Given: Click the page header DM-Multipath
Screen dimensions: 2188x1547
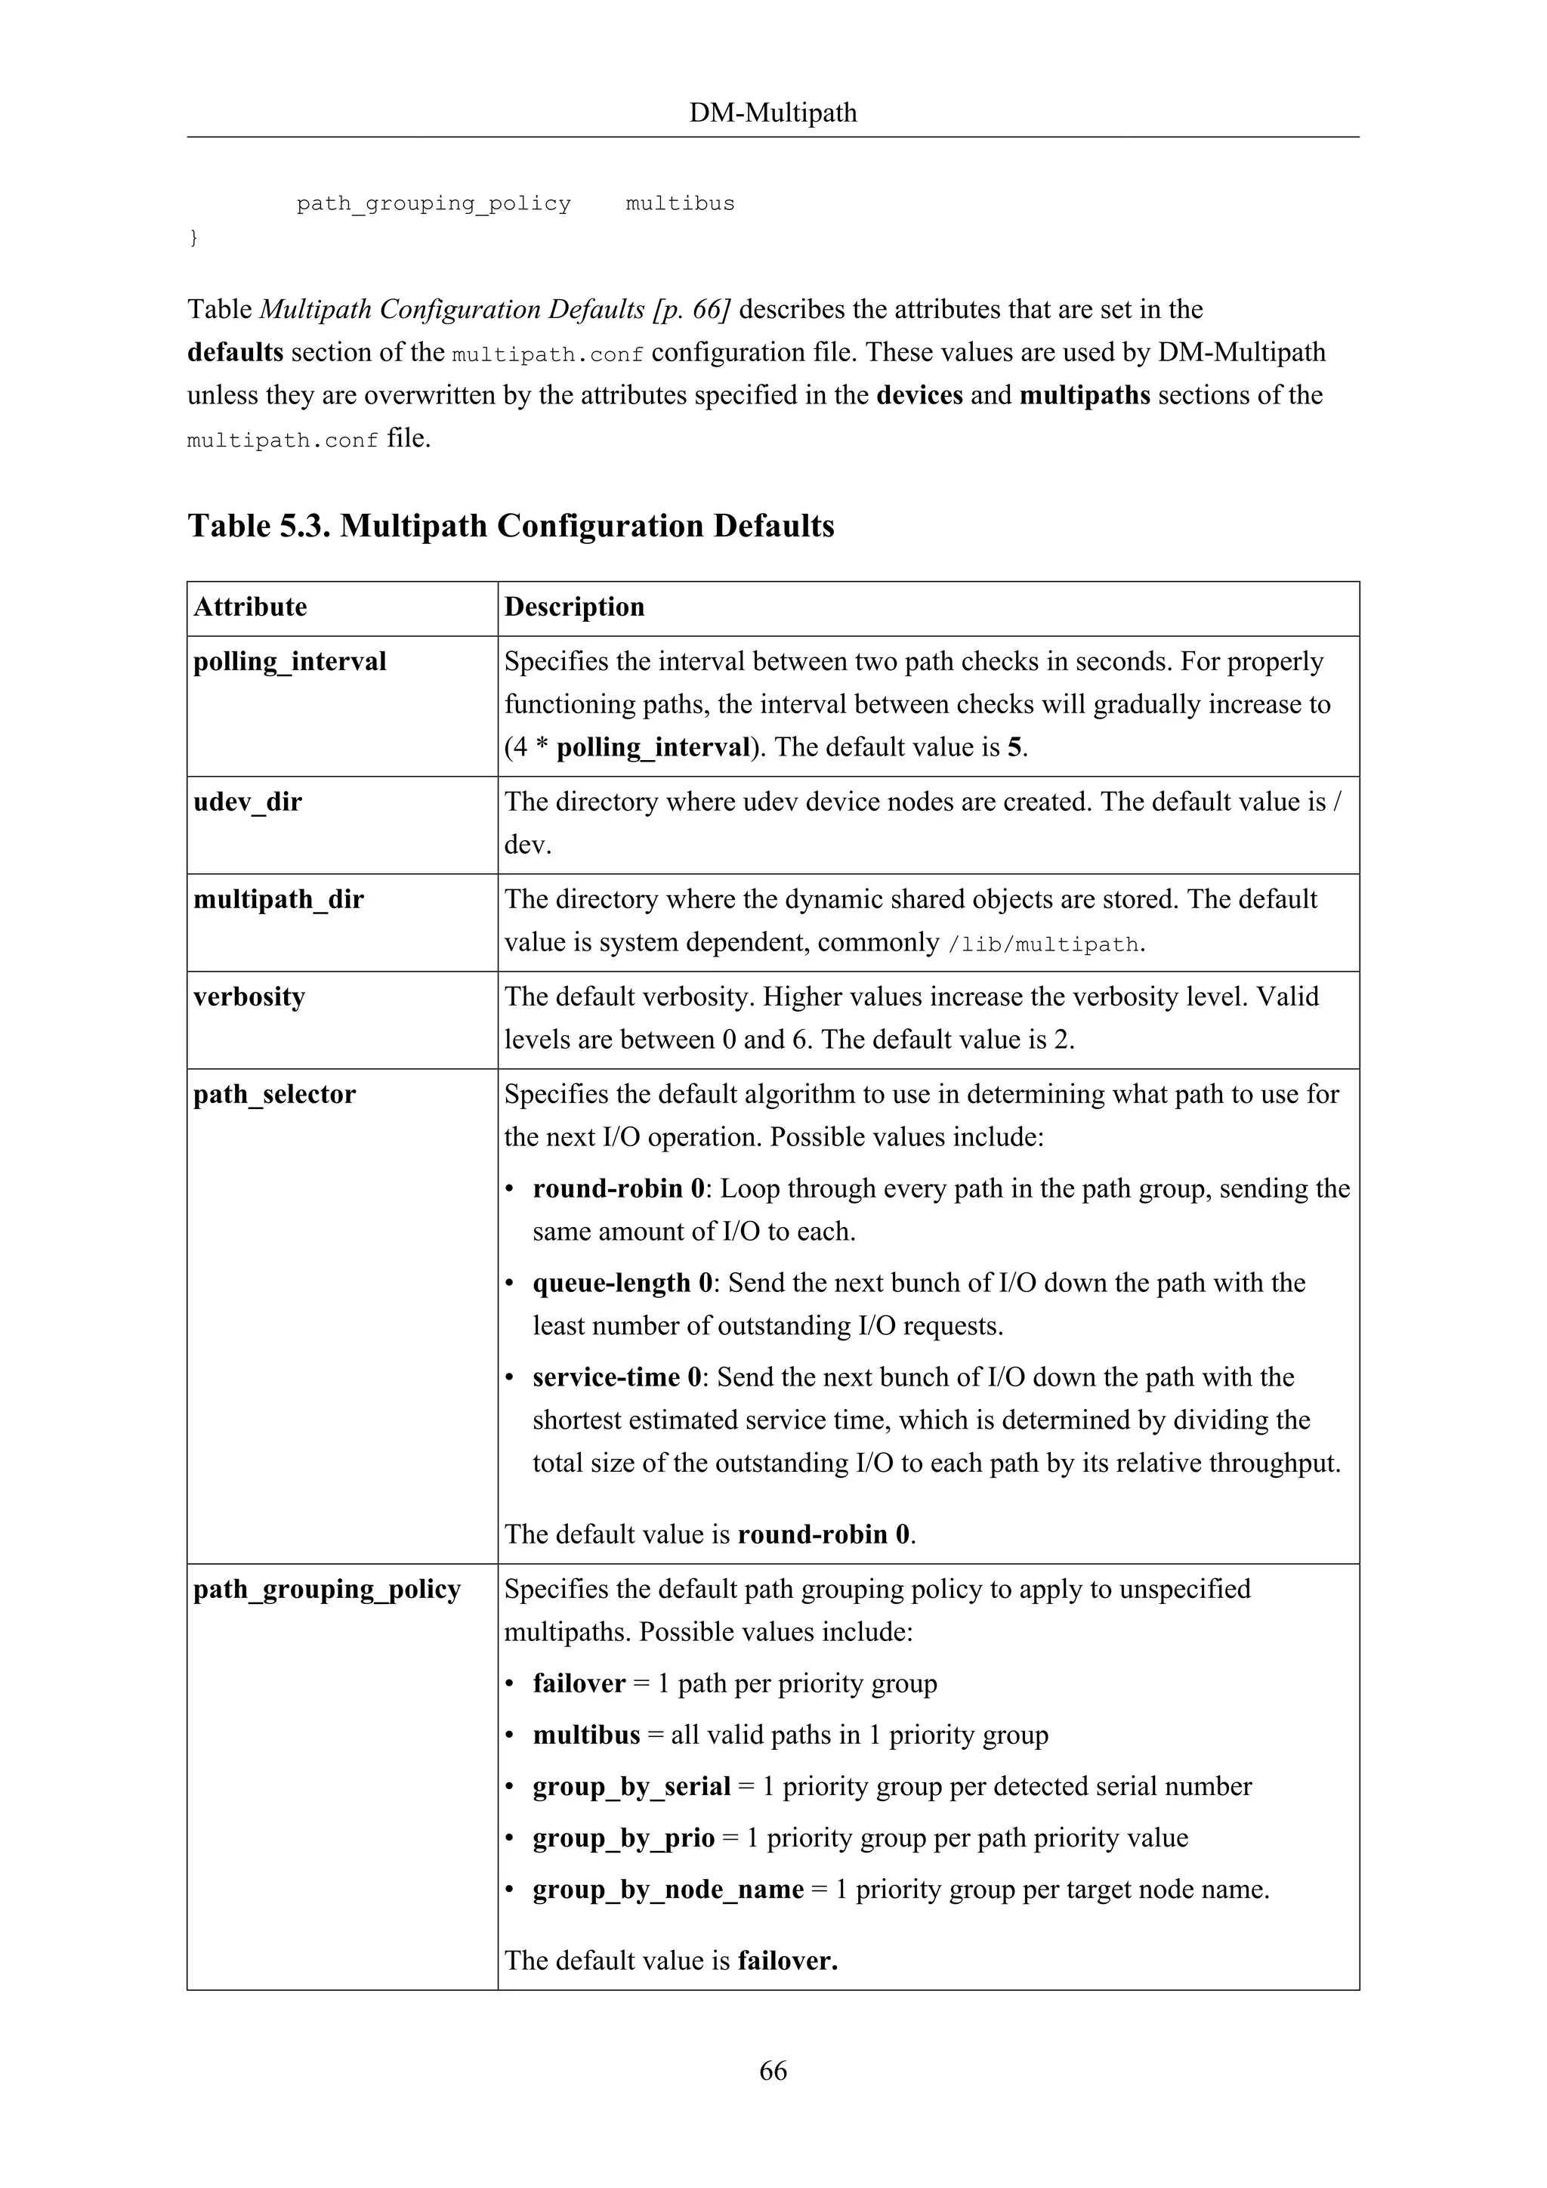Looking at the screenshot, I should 773,113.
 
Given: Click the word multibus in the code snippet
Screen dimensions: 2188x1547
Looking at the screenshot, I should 679,204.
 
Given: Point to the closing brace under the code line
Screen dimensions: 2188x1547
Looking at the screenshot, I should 193,237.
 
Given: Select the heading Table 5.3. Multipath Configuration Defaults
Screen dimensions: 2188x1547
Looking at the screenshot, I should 511,526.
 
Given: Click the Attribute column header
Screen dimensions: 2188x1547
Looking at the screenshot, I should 251,607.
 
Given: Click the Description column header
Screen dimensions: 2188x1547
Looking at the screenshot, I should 574,607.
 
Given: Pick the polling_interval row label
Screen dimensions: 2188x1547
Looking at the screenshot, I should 289,661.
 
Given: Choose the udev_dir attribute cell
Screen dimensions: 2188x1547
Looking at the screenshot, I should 248,802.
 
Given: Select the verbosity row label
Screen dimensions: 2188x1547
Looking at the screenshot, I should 249,997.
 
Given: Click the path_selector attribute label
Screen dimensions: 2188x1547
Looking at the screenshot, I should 274,1094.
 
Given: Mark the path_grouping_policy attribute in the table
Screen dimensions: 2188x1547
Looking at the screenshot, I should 327,1589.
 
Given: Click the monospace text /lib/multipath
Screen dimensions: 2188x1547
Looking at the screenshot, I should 1044,944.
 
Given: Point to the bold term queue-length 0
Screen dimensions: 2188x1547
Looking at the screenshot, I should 623,1283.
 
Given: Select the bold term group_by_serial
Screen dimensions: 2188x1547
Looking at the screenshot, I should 631,1786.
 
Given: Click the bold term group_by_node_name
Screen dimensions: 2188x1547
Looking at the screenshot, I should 668,1889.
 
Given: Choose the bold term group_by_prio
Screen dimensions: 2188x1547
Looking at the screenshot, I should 623,1837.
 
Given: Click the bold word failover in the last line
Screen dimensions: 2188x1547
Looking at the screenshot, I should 787,1961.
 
